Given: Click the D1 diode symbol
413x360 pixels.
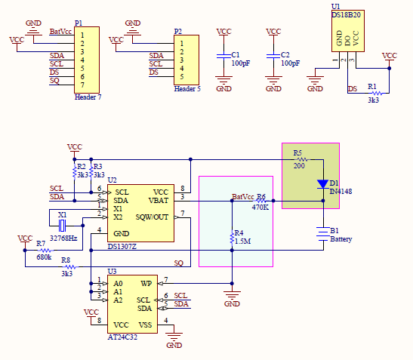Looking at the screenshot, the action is (323, 184).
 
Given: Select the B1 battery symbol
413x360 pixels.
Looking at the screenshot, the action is (323, 234).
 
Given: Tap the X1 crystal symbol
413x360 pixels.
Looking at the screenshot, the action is (62, 226).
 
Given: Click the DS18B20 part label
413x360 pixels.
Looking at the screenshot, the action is (346, 15).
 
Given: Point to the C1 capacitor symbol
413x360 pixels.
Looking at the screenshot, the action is (223, 56).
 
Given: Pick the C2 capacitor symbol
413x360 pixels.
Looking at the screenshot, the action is (273, 56).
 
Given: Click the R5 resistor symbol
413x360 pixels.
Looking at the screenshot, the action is (302, 159).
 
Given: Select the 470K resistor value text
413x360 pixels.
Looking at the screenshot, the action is (260, 208).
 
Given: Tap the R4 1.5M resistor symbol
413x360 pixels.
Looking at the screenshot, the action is (232, 238).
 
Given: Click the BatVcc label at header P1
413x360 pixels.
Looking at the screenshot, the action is (60, 32).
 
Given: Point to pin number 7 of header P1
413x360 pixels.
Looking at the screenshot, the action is (82, 85).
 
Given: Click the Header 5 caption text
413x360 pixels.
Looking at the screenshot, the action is (187, 89).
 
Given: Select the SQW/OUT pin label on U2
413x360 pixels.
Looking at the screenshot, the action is (152, 217).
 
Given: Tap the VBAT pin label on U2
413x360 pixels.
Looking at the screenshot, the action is (159, 201).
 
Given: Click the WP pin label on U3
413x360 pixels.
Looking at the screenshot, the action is (146, 283).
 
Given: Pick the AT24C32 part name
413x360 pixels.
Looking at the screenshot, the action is (122, 337).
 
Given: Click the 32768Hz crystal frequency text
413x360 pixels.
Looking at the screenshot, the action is (63, 238).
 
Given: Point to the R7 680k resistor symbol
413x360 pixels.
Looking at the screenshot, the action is (46, 250).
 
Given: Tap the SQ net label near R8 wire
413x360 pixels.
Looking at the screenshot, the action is (179, 263).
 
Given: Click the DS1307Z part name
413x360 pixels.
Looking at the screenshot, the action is (122, 247).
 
